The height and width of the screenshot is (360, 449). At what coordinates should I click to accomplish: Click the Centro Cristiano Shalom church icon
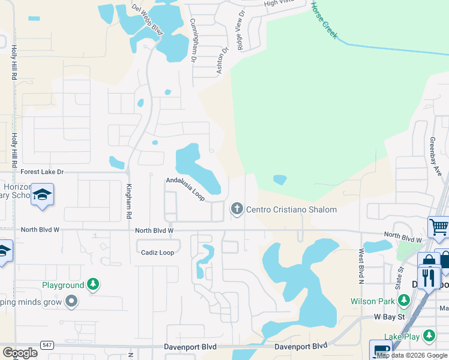pos(237,209)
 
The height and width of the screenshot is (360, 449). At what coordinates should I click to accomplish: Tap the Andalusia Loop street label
pos(186,188)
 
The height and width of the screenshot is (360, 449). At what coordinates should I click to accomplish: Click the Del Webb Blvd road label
pos(148,20)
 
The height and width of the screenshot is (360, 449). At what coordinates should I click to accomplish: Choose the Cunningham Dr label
pos(193,40)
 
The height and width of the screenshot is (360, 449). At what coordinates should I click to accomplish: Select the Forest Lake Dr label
pos(42,172)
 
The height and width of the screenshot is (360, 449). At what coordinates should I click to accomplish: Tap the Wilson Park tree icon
pos(404,299)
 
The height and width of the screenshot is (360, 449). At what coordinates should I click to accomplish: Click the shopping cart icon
pos(439,227)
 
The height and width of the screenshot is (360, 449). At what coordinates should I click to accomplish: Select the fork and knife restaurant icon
pos(429,277)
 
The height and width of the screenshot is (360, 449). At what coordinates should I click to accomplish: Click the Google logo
pos(20,353)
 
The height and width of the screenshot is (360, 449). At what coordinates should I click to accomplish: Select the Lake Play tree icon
pos(429,335)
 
